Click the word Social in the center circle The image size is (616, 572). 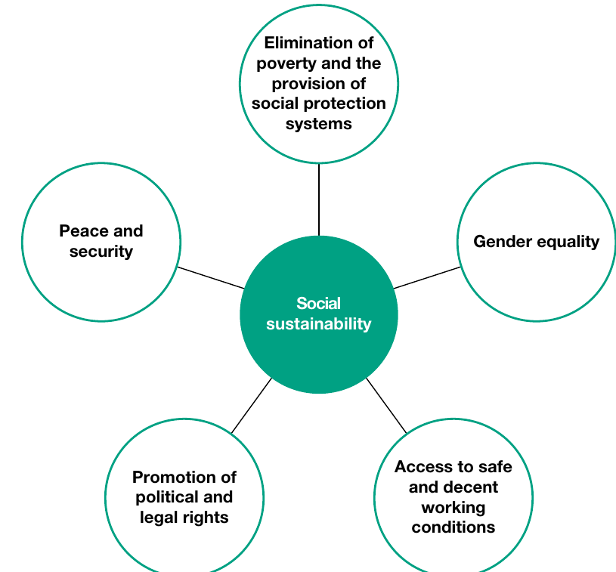click(319, 304)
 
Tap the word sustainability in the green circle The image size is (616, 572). click(319, 324)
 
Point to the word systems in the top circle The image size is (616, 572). click(319, 124)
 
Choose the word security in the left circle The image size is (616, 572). click(101, 252)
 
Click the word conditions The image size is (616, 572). click(453, 527)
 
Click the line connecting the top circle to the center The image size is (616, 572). click(319, 199)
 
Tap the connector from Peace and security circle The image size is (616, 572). click(211, 278)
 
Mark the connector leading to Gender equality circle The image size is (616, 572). click(427, 278)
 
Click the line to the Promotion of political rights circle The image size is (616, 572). click(252, 406)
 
